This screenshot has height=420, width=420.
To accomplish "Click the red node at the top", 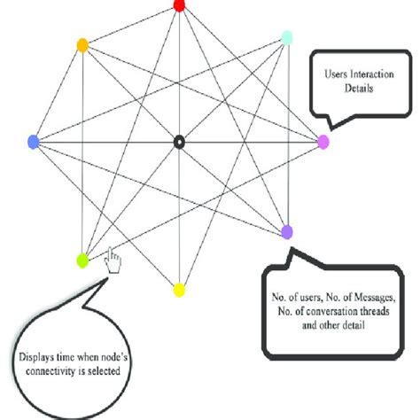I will point(179,5).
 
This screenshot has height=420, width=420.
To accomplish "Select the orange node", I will point(82,44).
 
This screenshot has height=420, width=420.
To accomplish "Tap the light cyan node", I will point(286,37).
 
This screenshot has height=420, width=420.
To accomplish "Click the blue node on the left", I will point(34,141).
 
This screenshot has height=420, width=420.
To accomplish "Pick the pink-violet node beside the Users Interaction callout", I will point(323,141).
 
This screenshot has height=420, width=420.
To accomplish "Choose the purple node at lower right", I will point(286,231).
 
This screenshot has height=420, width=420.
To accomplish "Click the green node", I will point(82,260).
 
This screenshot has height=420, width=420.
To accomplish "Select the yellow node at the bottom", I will point(179,290).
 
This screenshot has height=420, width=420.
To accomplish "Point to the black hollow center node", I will point(179,141).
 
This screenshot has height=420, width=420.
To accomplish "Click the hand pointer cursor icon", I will point(113,260).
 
